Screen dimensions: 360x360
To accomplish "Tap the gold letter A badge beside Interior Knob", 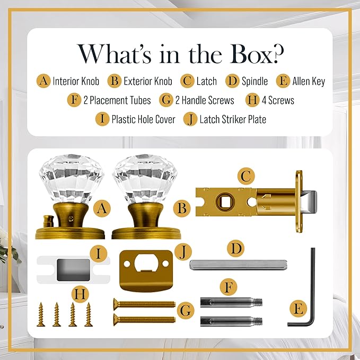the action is point(43,81).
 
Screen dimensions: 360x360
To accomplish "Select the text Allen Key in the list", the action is point(309,81).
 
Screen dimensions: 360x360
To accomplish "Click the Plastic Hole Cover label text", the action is point(143,119).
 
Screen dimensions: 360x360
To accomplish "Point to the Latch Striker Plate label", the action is point(233,119).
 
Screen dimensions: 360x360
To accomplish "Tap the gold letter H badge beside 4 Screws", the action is point(252,100).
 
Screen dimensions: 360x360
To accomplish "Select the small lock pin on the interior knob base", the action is point(48,221).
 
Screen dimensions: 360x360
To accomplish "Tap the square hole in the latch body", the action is point(224,202).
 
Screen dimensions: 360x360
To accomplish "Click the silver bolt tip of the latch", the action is point(309,201).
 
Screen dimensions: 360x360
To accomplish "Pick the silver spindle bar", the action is point(238,265).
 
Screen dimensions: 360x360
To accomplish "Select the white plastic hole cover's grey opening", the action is point(73,270).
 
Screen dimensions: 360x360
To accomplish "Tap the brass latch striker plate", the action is point(146,271).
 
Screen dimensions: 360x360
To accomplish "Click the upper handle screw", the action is point(144,304).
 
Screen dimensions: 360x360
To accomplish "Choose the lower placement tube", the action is point(231,321).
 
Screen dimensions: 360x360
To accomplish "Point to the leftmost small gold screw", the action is point(41,314).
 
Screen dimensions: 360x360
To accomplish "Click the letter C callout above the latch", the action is point(246,177).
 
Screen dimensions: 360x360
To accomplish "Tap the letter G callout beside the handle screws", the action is point(185,311).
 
